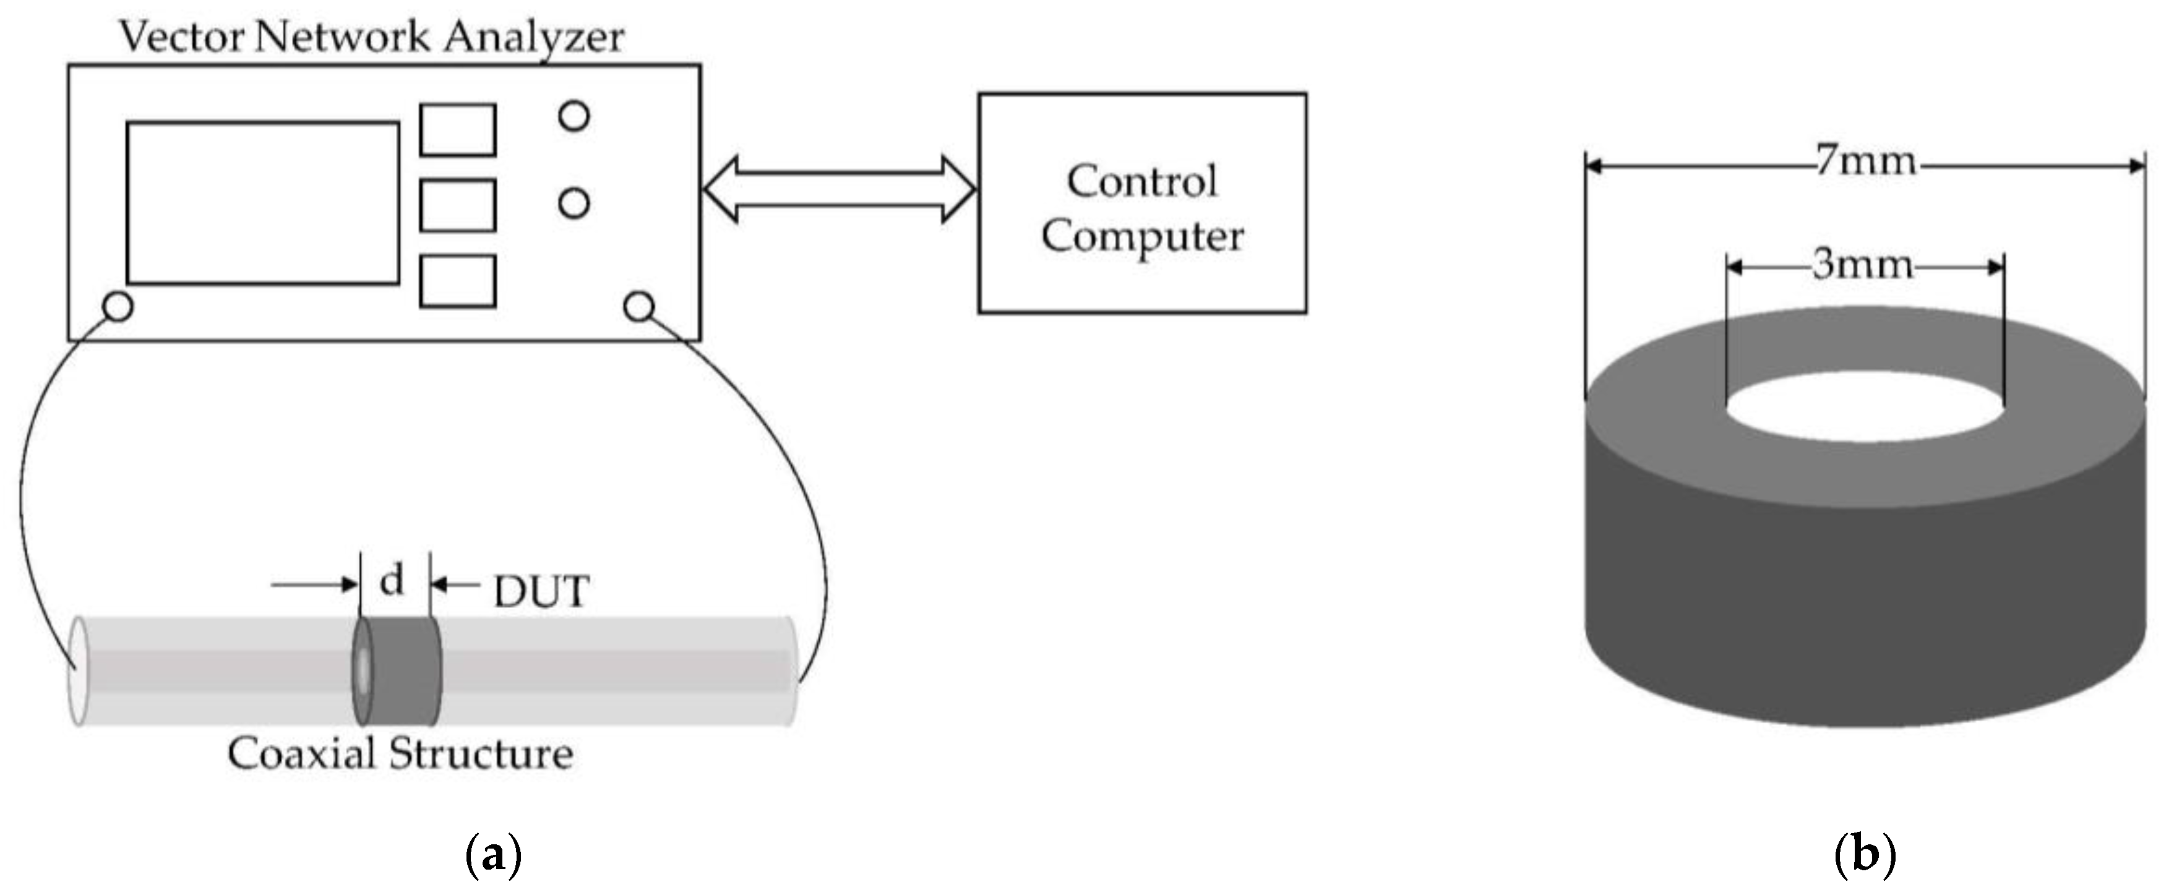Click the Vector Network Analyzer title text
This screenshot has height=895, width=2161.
[x=372, y=37]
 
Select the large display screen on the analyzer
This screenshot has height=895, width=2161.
[x=262, y=203]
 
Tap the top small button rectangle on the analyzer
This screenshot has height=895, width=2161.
[x=457, y=130]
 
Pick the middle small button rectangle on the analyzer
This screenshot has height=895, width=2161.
[x=457, y=205]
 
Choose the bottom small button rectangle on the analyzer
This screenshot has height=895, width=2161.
[x=457, y=281]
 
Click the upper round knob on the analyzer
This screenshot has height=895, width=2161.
[x=574, y=116]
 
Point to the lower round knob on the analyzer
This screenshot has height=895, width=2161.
[x=574, y=203]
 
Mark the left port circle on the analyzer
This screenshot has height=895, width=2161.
[x=118, y=307]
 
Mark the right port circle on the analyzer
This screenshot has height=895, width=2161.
[x=639, y=307]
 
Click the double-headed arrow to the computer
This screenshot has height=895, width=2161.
[x=839, y=189]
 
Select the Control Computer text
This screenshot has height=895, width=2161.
[x=1141, y=207]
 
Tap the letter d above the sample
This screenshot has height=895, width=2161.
[x=392, y=580]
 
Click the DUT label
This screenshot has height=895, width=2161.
[x=541, y=591]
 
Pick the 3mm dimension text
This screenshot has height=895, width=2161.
[x=1862, y=265]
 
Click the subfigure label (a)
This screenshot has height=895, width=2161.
[x=492, y=855]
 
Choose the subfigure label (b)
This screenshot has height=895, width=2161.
[x=1865, y=855]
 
